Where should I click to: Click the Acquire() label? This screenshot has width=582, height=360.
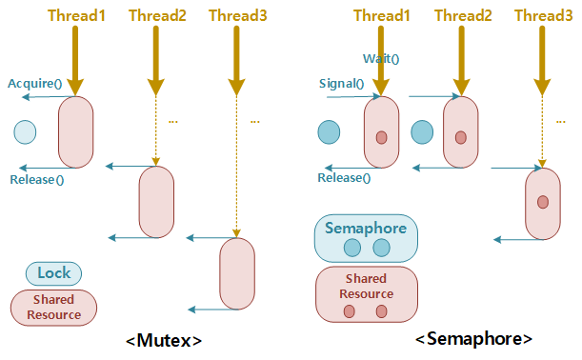[34, 83]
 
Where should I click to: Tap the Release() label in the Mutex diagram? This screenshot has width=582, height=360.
[36, 179]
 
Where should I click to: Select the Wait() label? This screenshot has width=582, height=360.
[381, 59]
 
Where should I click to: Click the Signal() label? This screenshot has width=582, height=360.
[341, 83]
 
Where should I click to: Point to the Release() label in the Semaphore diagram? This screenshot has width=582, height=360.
[344, 178]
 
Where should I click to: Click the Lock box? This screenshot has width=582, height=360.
[53, 273]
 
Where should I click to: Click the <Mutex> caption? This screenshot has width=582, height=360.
[164, 340]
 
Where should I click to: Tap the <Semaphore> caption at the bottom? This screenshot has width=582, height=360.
[473, 339]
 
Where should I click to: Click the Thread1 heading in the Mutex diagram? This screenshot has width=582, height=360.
[75, 16]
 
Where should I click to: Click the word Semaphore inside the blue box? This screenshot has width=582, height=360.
[365, 229]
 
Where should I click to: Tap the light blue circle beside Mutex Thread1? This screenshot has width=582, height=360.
[25, 131]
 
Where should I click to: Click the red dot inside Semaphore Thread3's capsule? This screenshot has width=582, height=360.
[543, 202]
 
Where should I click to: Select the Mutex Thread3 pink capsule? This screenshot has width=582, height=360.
[237, 273]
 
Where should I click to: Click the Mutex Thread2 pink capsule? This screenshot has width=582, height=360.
[156, 202]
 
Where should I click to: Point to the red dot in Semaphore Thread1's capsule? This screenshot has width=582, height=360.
[381, 138]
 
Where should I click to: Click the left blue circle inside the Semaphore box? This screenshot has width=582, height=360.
[351, 248]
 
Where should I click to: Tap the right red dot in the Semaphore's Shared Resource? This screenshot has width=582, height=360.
[381, 311]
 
